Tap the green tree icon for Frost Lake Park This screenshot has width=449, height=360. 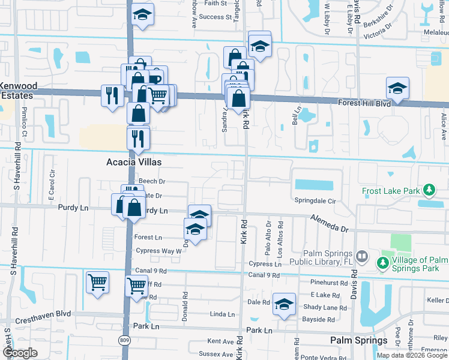coord(429,191)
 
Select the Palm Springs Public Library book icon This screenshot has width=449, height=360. coord(362,257)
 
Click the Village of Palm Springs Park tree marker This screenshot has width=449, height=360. coord(382,263)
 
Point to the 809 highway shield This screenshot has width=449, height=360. coord(124,341)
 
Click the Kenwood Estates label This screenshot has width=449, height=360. coord(18,91)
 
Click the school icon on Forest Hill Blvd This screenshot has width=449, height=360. coord(397,89)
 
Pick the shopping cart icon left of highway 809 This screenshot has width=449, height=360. coord(97,282)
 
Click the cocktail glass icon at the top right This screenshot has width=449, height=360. coord(442,7)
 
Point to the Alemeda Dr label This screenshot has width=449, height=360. coord(329,224)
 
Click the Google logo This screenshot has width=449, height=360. coord(19,353)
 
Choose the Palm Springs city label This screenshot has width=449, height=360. coord(358,340)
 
